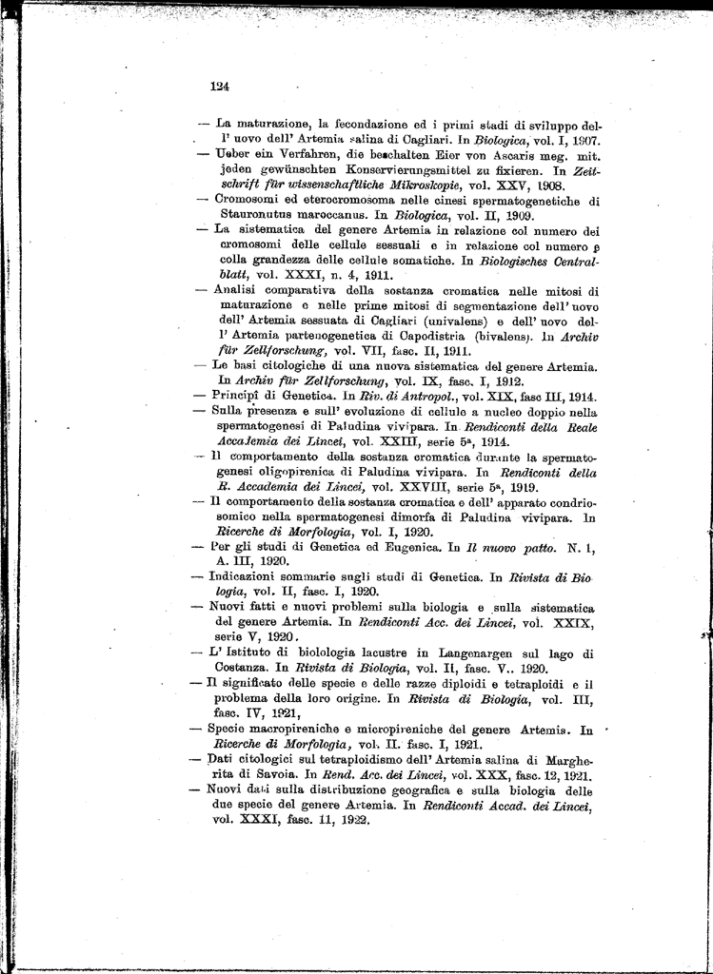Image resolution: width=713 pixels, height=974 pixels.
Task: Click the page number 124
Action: tap(220, 86)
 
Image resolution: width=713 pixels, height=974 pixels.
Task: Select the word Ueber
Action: tap(232, 153)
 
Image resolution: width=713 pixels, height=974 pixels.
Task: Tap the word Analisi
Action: tap(235, 291)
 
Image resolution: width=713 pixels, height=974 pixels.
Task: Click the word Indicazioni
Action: tap(250, 578)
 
